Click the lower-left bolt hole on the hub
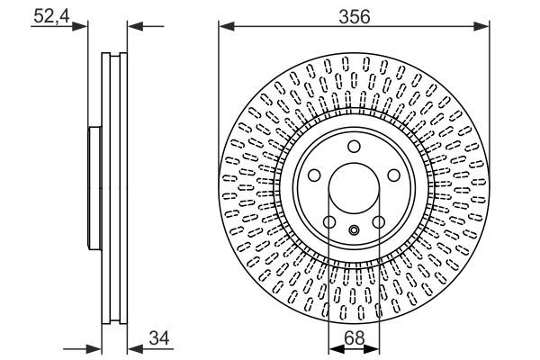pyautogui.click(x=328, y=223)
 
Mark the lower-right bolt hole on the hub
pyautogui.click(x=379, y=223)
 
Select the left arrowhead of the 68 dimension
pyautogui.click(x=334, y=350)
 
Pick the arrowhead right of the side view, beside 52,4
pyautogui.click(x=132, y=26)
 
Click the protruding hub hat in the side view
pyautogui.click(x=92, y=189)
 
